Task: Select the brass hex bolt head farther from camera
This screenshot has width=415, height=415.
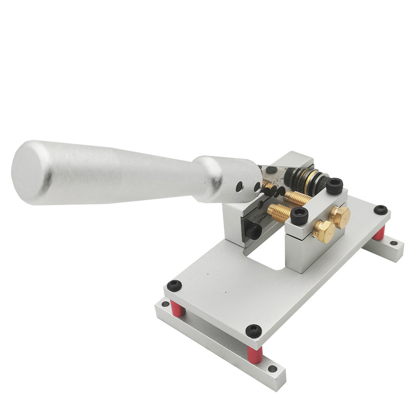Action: tap(340, 216)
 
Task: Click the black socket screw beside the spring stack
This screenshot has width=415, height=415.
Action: tap(334, 186)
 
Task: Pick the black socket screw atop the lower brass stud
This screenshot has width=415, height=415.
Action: tap(299, 215)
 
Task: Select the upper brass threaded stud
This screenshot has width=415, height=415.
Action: tap(297, 198)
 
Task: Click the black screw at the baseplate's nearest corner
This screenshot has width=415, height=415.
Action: tap(254, 330)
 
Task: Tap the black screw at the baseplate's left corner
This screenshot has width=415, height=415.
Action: tap(175, 285)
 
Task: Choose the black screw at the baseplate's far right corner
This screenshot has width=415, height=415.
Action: tap(381, 210)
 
